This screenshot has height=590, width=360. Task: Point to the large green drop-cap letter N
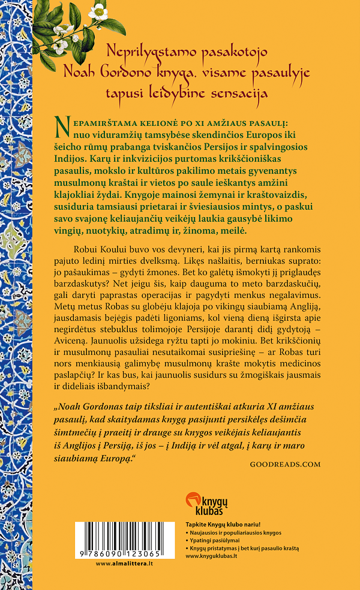(x=62, y=124)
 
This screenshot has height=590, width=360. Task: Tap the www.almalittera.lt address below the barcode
(x=123, y=564)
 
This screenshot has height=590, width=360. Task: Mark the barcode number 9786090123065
(x=123, y=554)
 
